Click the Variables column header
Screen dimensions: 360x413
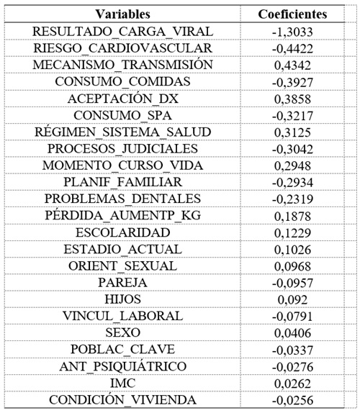[122, 14]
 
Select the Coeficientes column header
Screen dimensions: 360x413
[292, 14]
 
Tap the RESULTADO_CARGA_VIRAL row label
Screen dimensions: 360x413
[122, 31]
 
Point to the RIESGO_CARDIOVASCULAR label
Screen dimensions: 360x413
[122, 47]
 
